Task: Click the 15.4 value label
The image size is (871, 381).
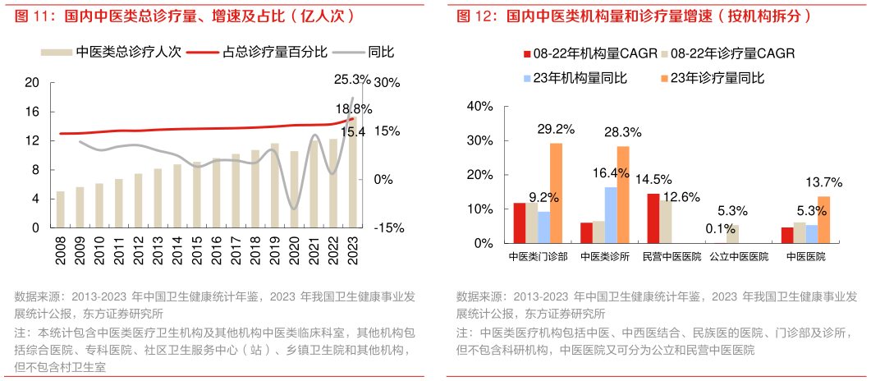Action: coord(353,131)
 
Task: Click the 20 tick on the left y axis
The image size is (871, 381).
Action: coord(33,83)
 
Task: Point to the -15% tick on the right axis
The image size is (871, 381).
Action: coord(388,228)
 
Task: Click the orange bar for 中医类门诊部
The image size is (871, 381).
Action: coord(556,193)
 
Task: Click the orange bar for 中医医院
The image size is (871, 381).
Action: coord(823,220)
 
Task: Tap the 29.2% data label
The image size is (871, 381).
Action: coord(555,130)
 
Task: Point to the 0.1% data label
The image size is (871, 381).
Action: coord(711,228)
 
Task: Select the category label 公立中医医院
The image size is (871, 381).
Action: coord(739,257)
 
